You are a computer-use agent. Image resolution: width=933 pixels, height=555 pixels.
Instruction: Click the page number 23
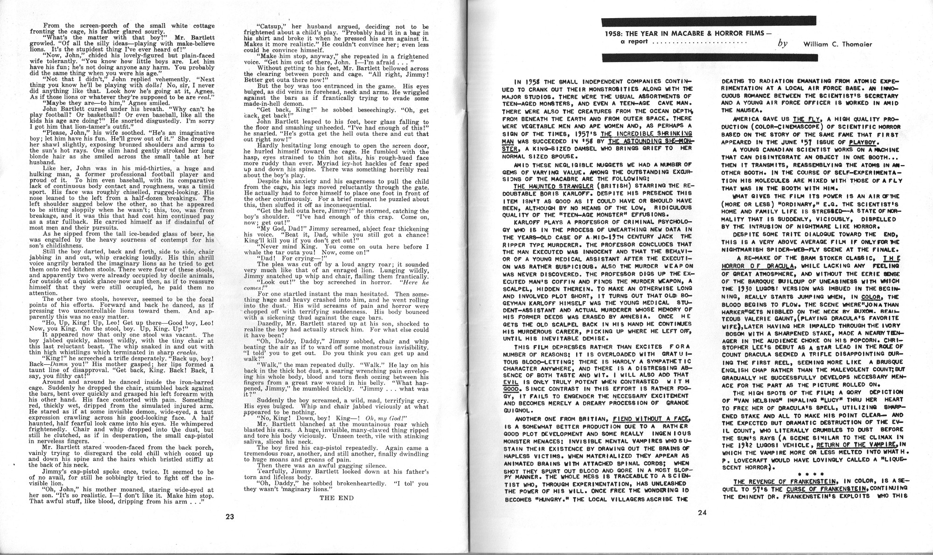tap(229, 516)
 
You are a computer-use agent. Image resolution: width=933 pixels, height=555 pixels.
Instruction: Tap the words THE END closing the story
tap(336, 498)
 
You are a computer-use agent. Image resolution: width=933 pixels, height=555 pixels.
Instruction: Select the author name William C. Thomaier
tap(837, 44)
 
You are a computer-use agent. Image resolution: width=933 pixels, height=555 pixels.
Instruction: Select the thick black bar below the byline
tap(710, 58)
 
